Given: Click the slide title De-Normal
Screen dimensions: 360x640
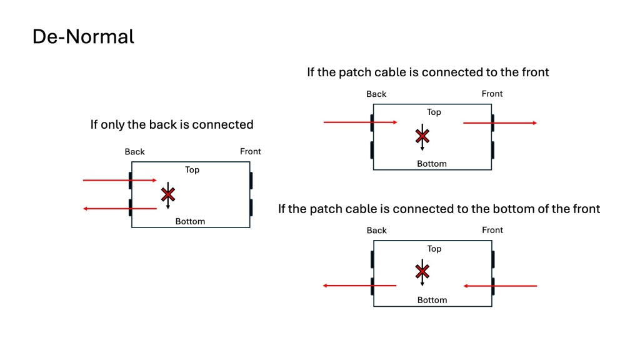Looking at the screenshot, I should pyautogui.click(x=83, y=37).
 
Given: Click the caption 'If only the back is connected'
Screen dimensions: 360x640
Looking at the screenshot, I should pyautogui.click(x=172, y=124).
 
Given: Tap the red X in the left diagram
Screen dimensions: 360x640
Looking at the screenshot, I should pyautogui.click(x=167, y=194).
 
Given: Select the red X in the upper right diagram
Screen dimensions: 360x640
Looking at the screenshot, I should pyautogui.click(x=422, y=136).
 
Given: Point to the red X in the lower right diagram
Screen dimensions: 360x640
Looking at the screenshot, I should pyautogui.click(x=422, y=271).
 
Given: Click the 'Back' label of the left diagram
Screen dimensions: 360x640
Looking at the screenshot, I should pyautogui.click(x=134, y=152).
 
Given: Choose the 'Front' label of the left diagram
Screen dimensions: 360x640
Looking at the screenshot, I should pyautogui.click(x=251, y=151).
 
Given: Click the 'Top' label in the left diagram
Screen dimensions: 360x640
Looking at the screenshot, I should pyautogui.click(x=192, y=169).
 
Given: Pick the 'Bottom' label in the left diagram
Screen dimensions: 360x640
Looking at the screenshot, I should pyautogui.click(x=190, y=221).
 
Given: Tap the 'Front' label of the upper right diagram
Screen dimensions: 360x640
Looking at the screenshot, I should pyautogui.click(x=492, y=94).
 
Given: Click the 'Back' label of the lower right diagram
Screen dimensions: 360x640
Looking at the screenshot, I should pyautogui.click(x=376, y=231).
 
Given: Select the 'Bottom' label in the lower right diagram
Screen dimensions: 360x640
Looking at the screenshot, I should pyautogui.click(x=432, y=300).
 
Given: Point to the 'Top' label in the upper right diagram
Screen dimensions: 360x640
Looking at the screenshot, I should pyautogui.click(x=434, y=112).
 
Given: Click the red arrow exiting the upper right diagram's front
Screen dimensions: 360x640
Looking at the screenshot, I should pyautogui.click(x=500, y=123).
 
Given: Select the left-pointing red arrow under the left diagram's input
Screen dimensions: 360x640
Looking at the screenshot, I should pyautogui.click(x=119, y=209).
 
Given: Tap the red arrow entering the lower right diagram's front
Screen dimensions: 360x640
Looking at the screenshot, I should pyautogui.click(x=500, y=286).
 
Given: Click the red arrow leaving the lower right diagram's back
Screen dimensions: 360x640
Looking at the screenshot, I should pyautogui.click(x=359, y=286).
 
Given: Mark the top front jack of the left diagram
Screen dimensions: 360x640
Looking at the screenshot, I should pyautogui.click(x=251, y=180).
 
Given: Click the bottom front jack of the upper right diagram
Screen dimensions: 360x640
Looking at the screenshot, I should pyautogui.click(x=493, y=150).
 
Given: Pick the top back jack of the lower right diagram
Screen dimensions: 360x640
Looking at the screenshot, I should pyautogui.click(x=372, y=259).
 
